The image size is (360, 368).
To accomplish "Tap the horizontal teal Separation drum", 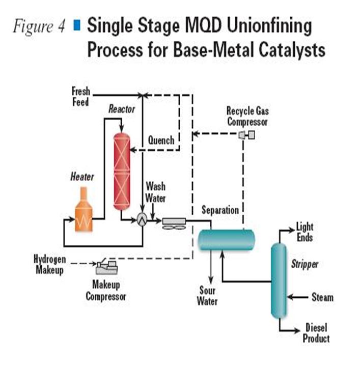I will [x=226, y=237].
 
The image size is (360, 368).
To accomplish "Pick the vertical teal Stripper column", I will [x=278, y=280].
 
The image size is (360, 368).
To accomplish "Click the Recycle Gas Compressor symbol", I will [x=246, y=135].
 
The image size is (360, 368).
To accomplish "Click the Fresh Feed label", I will [x=80, y=97].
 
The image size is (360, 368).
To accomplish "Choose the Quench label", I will [x=161, y=140].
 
